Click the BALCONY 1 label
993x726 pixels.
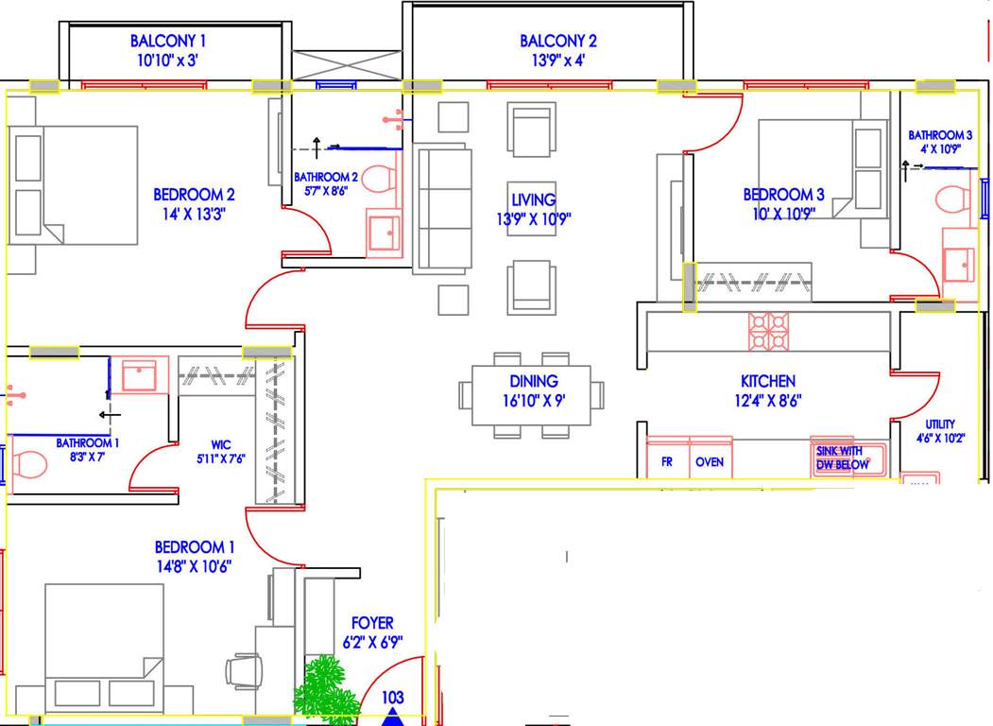point(168,41)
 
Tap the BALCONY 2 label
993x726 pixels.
point(558,41)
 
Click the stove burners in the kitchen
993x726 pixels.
point(768,331)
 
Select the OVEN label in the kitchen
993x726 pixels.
point(710,462)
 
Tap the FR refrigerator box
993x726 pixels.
point(667,462)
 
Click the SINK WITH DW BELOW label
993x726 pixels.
point(840,458)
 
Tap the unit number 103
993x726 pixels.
point(393,698)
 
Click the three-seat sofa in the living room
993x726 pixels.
point(442,208)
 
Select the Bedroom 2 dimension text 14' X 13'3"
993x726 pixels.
point(194,214)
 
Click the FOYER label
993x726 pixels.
point(372,623)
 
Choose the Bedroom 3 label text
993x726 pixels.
point(783,195)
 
